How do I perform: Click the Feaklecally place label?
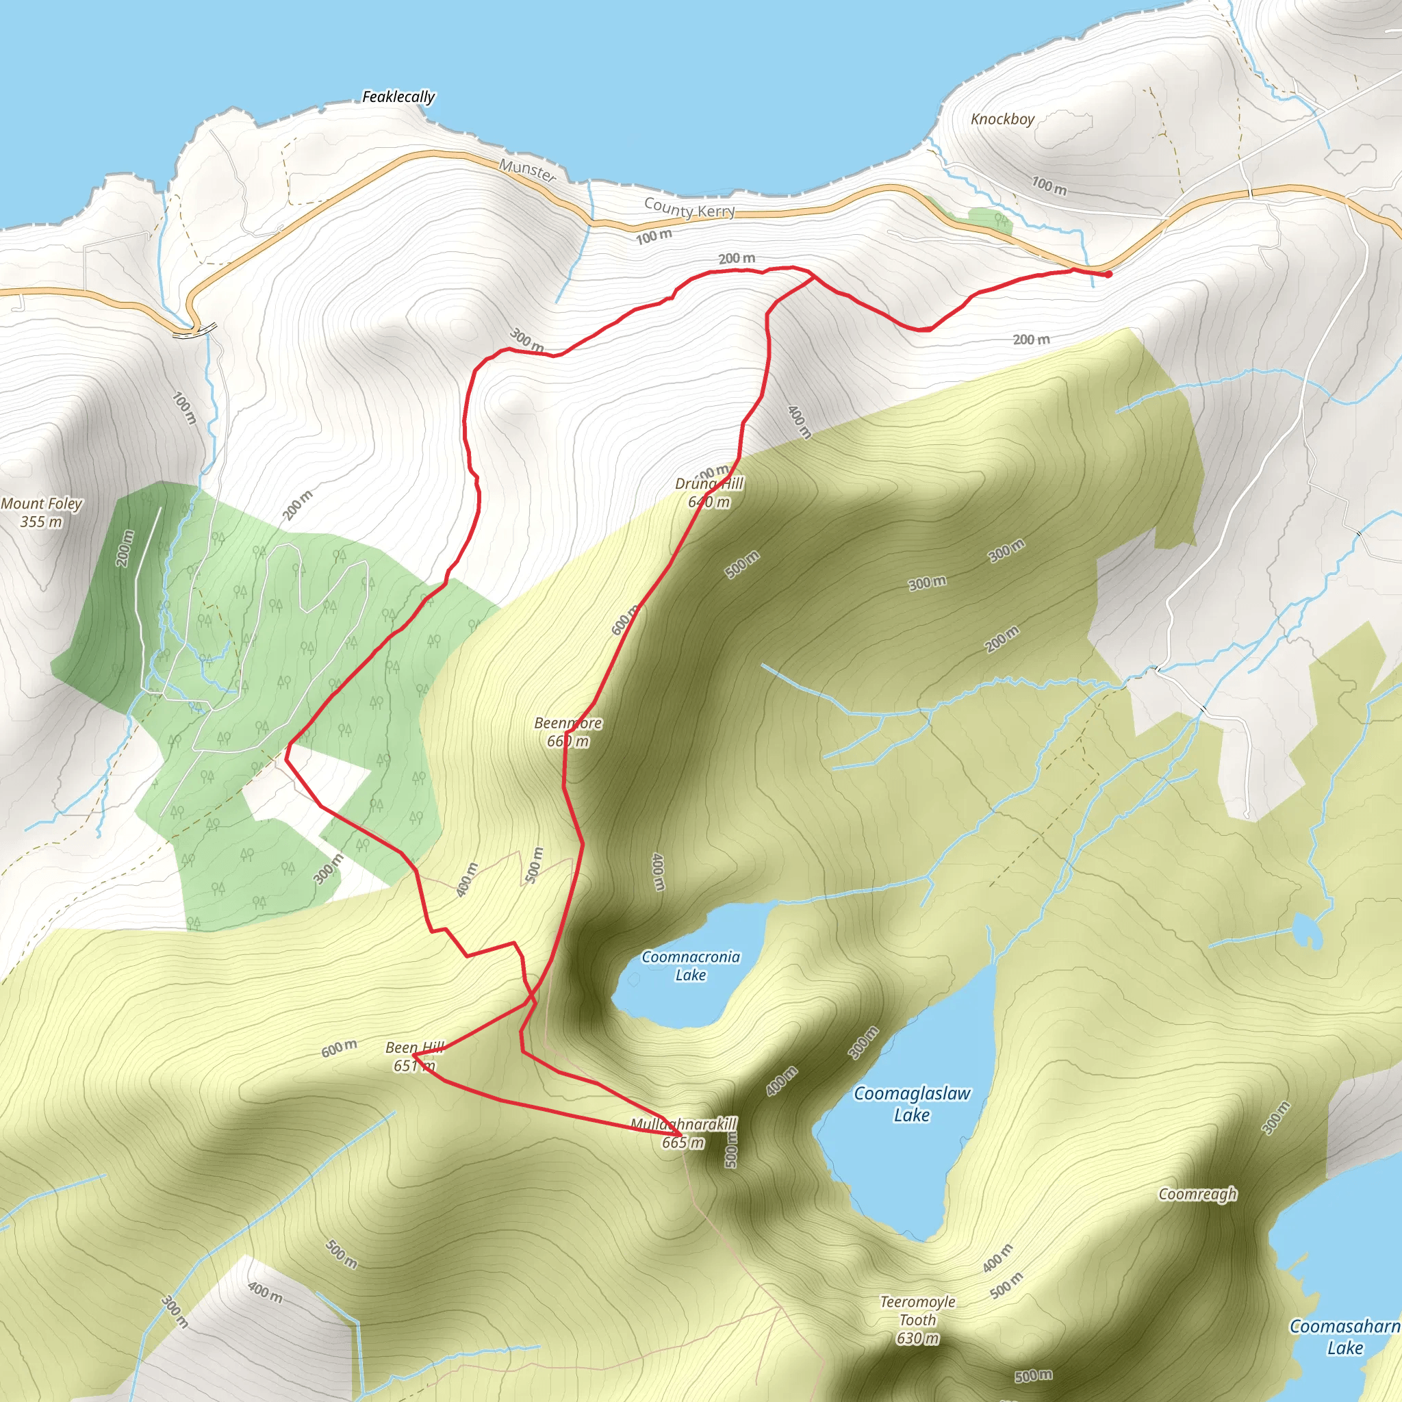point(398,97)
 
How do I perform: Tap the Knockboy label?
point(1002,119)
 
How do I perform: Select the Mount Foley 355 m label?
point(41,512)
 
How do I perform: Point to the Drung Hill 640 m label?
point(709,493)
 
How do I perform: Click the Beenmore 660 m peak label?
point(568,732)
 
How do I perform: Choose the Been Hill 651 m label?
point(414,1056)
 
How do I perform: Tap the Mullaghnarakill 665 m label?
point(683,1133)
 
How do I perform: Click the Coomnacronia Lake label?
point(690,966)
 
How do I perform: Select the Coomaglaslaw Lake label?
point(911,1104)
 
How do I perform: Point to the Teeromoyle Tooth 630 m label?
point(917,1320)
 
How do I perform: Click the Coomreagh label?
point(1197,1194)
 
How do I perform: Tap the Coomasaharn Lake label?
point(1344,1337)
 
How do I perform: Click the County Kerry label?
point(689,209)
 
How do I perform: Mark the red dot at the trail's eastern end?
point(1108,275)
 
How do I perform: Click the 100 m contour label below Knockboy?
point(1049,186)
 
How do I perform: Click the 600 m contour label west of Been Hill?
point(339,1048)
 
